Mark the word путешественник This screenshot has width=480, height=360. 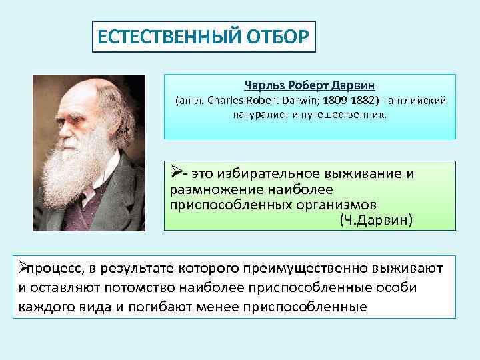point(347,115)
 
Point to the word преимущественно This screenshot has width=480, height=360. point(307,269)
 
